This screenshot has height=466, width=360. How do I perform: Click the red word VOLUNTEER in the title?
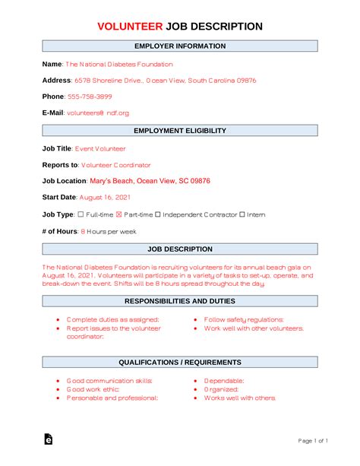click(130, 27)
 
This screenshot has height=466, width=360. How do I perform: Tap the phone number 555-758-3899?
click(90, 97)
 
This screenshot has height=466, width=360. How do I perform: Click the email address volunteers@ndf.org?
click(97, 113)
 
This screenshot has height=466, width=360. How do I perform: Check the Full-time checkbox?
click(81, 214)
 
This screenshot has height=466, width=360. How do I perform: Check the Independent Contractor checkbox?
click(159, 214)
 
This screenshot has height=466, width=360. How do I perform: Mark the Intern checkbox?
click(242, 214)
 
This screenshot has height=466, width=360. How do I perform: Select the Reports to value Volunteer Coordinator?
click(116, 165)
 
